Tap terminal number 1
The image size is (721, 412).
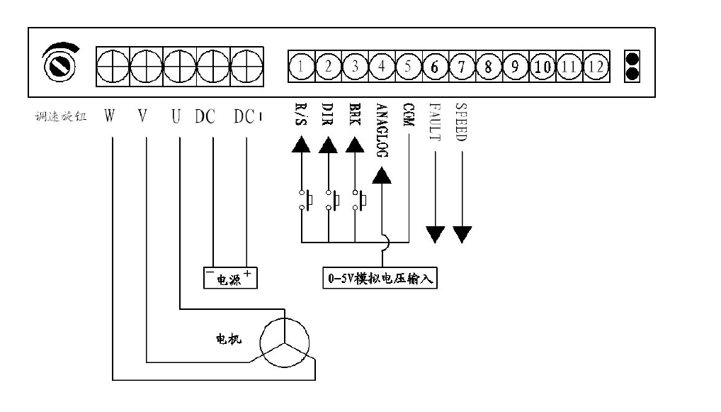(x=301, y=67)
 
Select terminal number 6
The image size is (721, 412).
(x=435, y=67)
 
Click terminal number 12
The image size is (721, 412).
(x=596, y=67)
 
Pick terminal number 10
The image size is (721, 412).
(x=543, y=67)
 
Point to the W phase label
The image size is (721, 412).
(x=110, y=116)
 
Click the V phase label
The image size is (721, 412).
(x=142, y=116)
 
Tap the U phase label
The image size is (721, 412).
(x=176, y=116)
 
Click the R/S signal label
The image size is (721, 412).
(x=301, y=116)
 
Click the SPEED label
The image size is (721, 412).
(x=461, y=123)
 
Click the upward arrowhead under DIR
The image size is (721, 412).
(x=327, y=145)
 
